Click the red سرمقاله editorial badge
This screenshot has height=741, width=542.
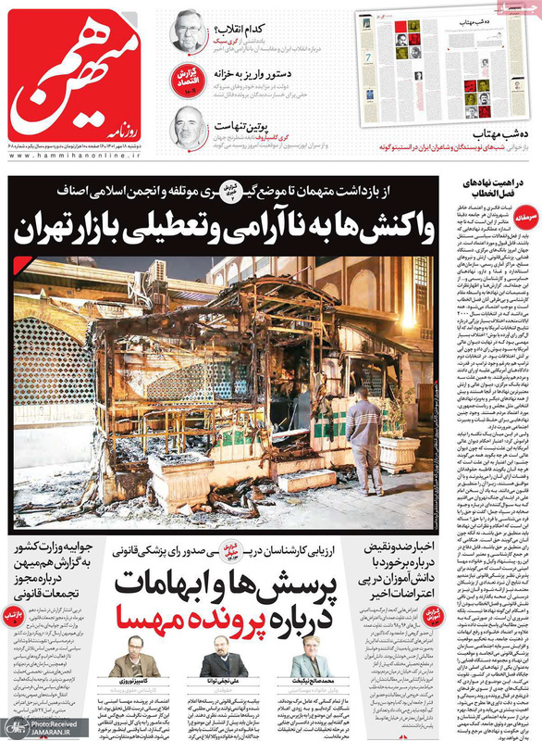[524, 212]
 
